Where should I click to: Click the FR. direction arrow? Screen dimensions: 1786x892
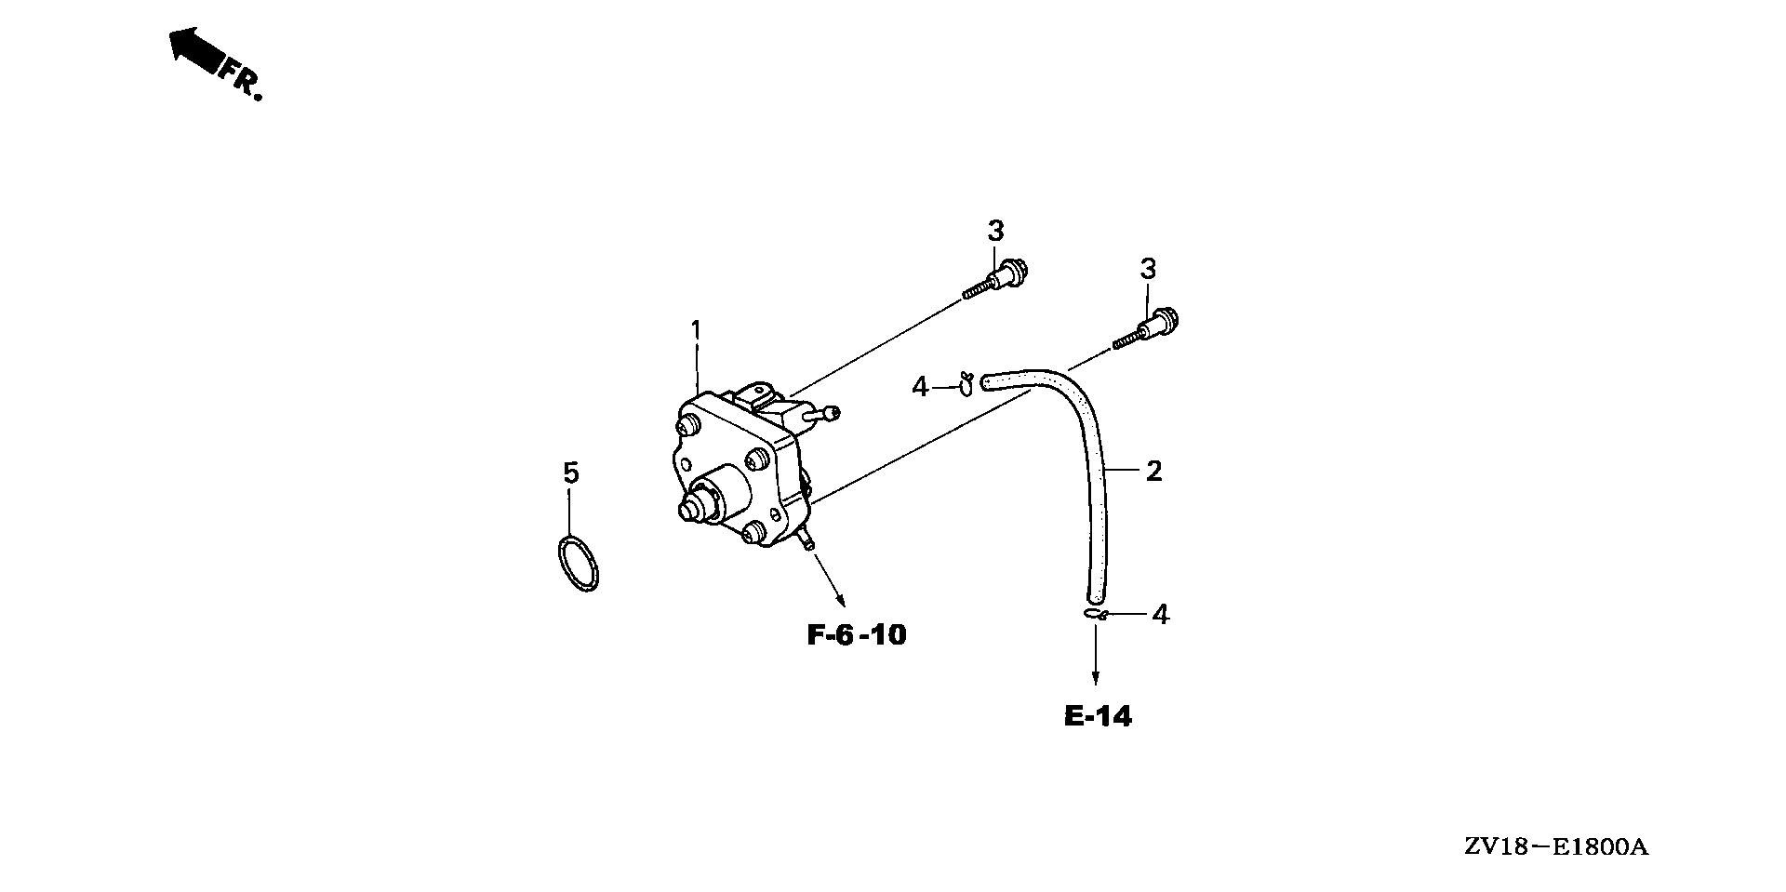click(194, 52)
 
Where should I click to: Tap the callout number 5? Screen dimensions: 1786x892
click(571, 473)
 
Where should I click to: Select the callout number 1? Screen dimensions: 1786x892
click(696, 330)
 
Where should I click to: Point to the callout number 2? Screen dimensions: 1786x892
click(1153, 472)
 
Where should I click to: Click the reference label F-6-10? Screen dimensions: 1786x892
click(856, 635)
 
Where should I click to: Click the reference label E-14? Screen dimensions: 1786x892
click(1098, 716)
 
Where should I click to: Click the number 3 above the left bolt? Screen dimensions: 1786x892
click(996, 230)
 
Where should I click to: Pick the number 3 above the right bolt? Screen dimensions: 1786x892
click(1149, 270)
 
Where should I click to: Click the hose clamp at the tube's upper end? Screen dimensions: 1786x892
click(966, 382)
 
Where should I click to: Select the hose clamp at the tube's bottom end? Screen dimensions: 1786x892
click(1095, 614)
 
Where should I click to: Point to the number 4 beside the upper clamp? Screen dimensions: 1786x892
click(920, 386)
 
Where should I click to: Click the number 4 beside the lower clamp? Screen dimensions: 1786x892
click(1160, 614)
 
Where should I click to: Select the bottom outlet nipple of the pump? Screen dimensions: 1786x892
click(807, 539)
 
